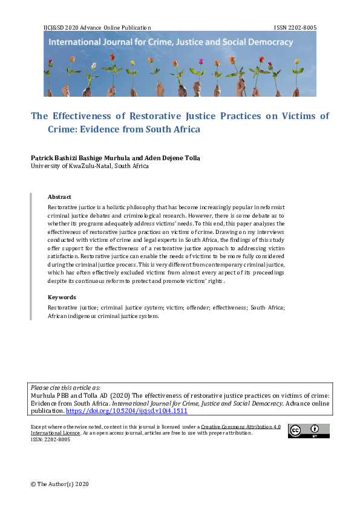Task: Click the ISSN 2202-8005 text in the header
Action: pyautogui.click(x=295, y=28)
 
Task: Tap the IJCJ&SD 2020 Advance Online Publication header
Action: pyautogui.click(x=97, y=28)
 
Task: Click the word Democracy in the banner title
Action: pyautogui.click(x=270, y=43)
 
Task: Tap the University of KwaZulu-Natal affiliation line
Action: pyautogui.click(x=89, y=166)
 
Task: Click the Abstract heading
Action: pyautogui.click(x=59, y=197)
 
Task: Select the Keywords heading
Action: pyautogui.click(x=62, y=297)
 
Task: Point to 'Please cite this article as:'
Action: pyautogui.click(x=66, y=387)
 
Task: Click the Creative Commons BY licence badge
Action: pyautogui.click(x=309, y=431)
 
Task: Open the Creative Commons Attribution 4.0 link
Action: pyautogui.click(x=241, y=427)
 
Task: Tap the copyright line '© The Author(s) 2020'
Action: pyautogui.click(x=60, y=484)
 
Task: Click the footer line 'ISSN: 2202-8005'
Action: pyautogui.click(x=50, y=439)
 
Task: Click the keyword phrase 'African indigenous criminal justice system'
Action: pyautogui.click(x=103, y=317)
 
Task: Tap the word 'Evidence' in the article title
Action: pyautogui.click(x=105, y=129)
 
